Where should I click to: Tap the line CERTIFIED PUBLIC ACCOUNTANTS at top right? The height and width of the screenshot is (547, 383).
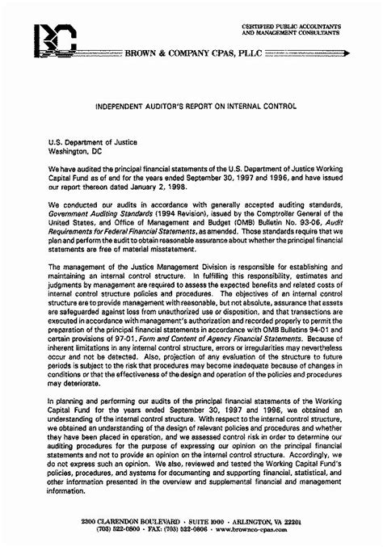pos(291,27)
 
